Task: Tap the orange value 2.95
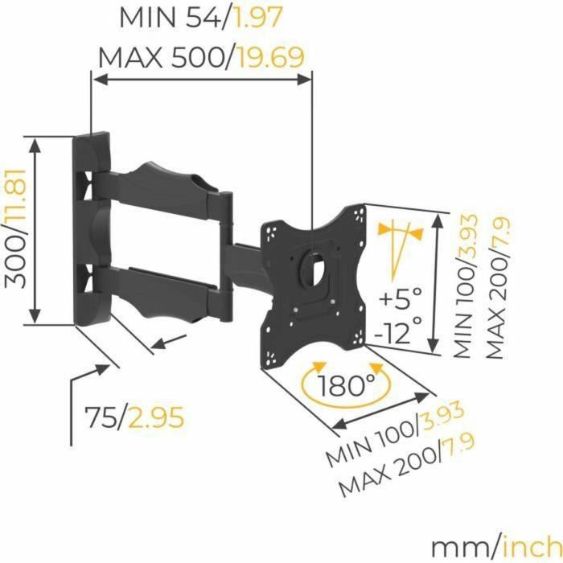(158, 417)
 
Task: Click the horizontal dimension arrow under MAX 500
(201, 79)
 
